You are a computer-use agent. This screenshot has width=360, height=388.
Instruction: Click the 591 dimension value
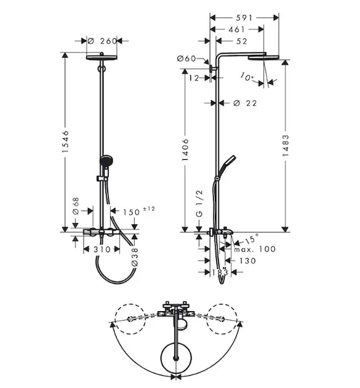point(244,18)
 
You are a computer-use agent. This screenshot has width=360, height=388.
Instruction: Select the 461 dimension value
point(236,30)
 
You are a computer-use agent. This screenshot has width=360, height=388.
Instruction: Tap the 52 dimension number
point(242,41)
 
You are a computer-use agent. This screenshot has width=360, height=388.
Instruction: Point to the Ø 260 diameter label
point(102,41)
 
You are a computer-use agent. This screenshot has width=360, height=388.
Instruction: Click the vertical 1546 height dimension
point(65,141)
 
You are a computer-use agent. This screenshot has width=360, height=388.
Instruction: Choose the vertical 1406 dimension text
point(185,150)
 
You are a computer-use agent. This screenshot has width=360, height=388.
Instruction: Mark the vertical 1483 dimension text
point(286,145)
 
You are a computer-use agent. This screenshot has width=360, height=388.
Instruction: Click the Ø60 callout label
point(186,59)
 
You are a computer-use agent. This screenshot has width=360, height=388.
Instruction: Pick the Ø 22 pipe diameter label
point(245,103)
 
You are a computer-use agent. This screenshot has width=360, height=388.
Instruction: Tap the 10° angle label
point(247,77)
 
